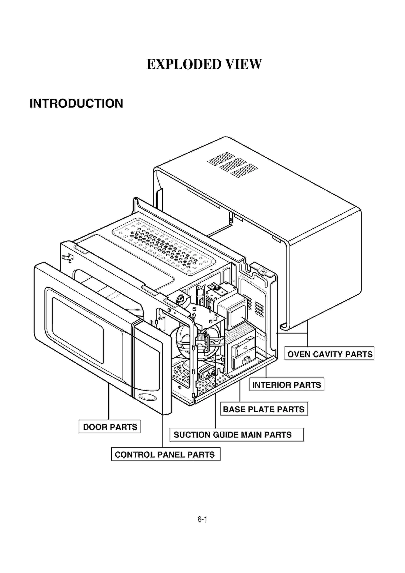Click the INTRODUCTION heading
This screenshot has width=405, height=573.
click(76, 104)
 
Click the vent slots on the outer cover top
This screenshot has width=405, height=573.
click(233, 165)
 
